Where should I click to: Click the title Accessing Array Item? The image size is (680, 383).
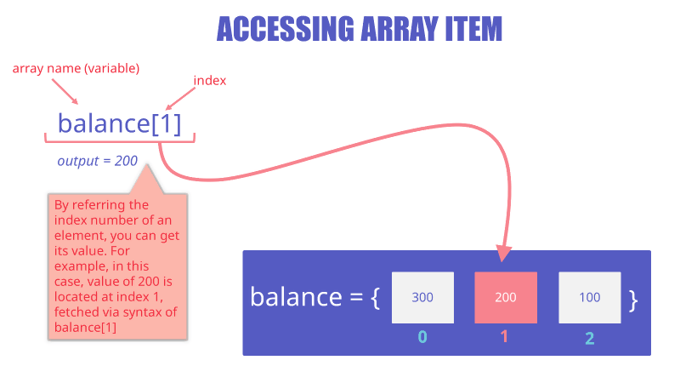(359, 29)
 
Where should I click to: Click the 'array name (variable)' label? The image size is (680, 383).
(76, 69)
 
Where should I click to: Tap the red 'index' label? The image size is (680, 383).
(210, 80)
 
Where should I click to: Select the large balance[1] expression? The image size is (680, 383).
(119, 123)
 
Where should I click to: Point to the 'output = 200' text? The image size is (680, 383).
(98, 161)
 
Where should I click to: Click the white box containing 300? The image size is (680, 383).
(422, 297)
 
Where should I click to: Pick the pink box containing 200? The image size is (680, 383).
(506, 297)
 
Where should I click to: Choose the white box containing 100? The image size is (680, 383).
(590, 297)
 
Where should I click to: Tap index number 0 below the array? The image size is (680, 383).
(422, 337)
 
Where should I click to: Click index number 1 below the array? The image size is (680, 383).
(504, 336)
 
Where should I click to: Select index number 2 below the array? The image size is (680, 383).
(589, 338)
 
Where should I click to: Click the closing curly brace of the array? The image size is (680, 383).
(633, 300)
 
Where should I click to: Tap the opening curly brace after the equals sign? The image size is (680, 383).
(376, 299)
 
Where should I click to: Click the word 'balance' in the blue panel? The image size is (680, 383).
(297, 297)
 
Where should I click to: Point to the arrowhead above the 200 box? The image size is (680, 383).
(502, 254)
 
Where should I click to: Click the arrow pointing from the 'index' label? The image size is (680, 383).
(180, 99)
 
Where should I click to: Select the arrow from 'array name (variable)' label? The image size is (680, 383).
(65, 92)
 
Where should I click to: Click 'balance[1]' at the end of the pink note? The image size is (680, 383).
(86, 327)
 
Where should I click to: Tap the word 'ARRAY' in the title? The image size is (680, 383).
(394, 29)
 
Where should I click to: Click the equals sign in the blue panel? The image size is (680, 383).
(356, 297)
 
